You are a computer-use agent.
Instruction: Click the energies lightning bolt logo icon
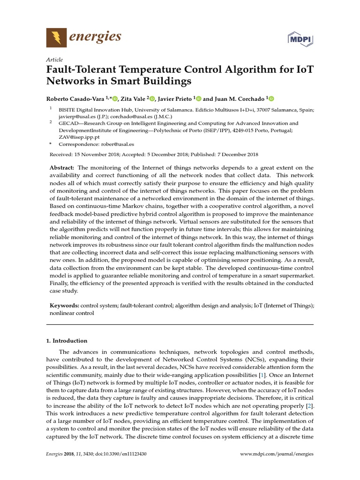56,37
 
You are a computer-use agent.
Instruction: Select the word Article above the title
55,60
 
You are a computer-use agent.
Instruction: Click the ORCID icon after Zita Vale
152,98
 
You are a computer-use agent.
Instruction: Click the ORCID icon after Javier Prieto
198,98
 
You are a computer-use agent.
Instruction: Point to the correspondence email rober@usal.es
118,144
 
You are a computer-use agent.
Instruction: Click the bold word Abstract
62,168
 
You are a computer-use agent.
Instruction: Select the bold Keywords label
64,305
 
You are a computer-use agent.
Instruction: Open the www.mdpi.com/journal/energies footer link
277,454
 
